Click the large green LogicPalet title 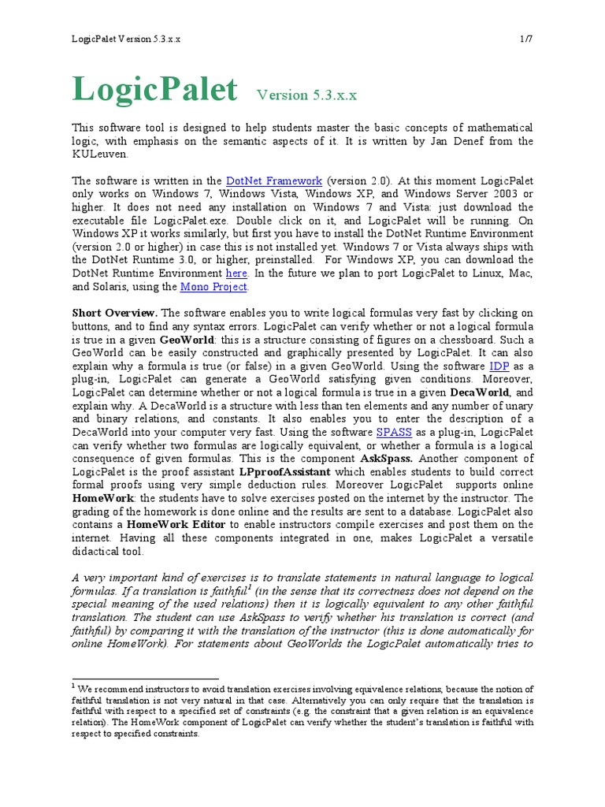tap(154, 89)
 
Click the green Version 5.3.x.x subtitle tap(306, 95)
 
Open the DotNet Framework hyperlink tap(273, 180)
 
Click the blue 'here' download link tap(236, 273)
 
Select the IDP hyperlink tap(499, 366)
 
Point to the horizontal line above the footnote tap(146, 678)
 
